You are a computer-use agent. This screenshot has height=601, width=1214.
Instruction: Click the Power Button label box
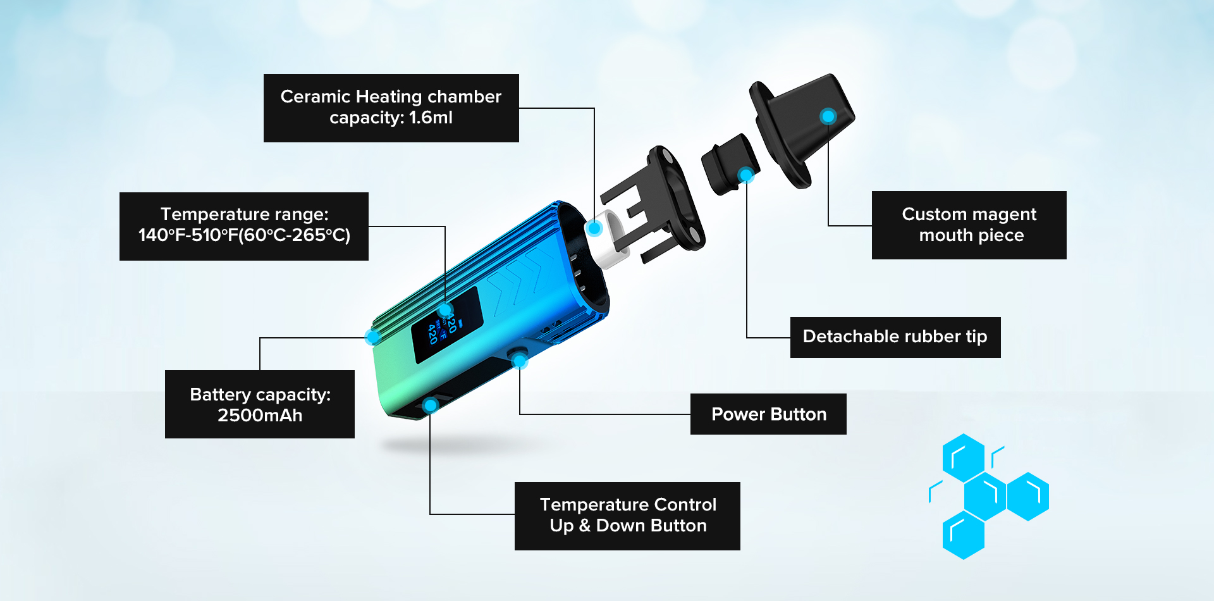tap(768, 414)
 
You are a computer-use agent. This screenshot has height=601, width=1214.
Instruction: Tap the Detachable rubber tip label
tap(895, 337)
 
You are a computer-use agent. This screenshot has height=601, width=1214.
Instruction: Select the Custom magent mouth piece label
tap(969, 225)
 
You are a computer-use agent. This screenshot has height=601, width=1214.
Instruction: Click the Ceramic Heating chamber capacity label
tap(391, 108)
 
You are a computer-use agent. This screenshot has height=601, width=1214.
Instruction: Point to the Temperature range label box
tap(244, 226)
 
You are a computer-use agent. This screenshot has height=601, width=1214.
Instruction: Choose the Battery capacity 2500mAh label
tap(260, 404)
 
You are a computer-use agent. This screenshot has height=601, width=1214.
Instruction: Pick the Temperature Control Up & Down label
tap(627, 516)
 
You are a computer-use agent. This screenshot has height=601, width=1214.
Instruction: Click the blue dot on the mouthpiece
tap(828, 116)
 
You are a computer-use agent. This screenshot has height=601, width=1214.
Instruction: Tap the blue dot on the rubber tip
tap(746, 175)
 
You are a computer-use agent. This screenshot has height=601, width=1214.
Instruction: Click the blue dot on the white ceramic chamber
tap(594, 228)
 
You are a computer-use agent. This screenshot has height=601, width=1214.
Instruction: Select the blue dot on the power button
tap(520, 361)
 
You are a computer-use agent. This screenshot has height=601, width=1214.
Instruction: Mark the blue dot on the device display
tap(446, 310)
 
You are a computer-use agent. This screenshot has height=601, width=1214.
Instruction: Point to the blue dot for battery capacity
tap(373, 337)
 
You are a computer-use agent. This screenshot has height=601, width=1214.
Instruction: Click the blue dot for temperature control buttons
tap(431, 405)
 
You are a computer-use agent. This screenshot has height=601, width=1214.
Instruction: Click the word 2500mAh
tap(260, 416)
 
